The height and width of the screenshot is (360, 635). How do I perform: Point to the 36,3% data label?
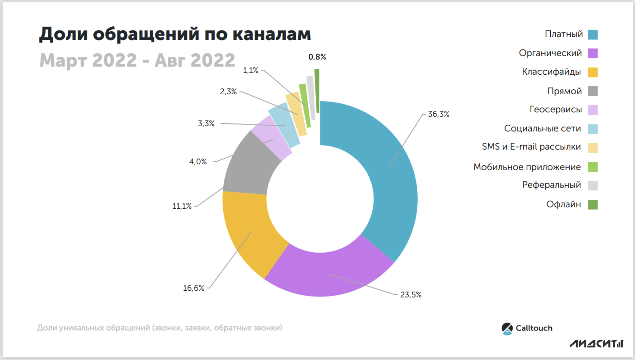coord(438,114)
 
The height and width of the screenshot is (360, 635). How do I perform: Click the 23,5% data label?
coord(410,295)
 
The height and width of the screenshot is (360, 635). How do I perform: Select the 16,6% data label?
coord(193,288)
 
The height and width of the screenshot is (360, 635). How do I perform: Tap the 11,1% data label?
coord(182,206)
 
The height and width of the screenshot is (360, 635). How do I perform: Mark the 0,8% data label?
coord(317,57)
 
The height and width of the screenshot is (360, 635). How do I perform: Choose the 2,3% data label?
coord(228,91)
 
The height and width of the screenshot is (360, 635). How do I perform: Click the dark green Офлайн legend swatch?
coord(592,204)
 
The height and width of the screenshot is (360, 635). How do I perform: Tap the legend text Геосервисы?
coord(556,109)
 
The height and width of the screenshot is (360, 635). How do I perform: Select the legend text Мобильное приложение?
coord(527,167)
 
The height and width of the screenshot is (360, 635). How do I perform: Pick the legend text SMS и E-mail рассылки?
coord(531,146)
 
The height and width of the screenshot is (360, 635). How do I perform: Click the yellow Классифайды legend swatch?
coord(592,72)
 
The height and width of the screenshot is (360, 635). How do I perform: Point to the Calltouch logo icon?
coord(507,328)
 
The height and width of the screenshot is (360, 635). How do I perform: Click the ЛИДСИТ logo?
coord(597,343)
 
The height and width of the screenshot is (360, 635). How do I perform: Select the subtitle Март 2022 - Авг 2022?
coord(137,60)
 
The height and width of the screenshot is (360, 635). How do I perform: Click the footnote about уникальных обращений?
coord(160,328)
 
